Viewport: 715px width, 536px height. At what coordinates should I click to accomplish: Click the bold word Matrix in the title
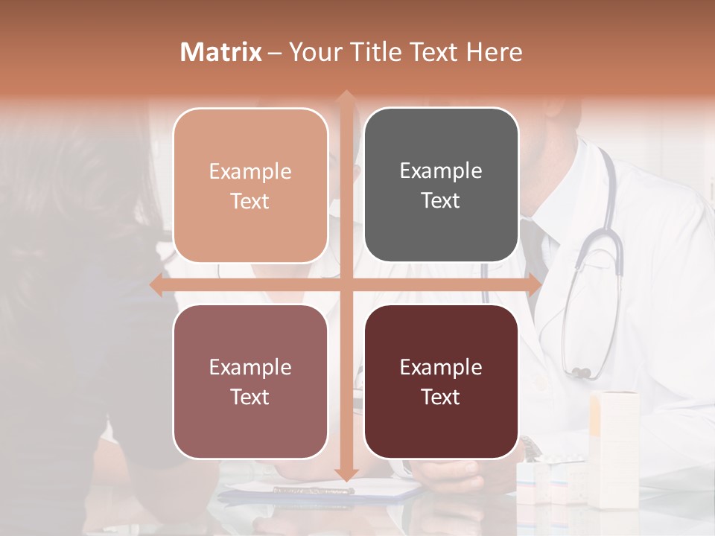tap(221, 52)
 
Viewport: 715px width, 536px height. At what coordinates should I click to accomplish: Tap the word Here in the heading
tap(495, 52)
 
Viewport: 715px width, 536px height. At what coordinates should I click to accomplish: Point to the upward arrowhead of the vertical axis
tap(346, 97)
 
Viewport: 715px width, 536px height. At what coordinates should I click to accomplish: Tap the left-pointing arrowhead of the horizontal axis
tap(156, 285)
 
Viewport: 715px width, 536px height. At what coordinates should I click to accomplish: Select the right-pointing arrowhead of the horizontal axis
tap(534, 285)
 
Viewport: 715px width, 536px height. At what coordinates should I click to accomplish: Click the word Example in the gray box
tap(441, 171)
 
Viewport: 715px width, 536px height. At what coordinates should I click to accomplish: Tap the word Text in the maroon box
tap(441, 398)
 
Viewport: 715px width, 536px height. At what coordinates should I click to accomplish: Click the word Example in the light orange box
tap(250, 172)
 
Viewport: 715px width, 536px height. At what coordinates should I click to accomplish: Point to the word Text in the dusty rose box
tap(250, 398)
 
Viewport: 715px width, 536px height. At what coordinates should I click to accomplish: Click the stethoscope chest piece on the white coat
tap(581, 371)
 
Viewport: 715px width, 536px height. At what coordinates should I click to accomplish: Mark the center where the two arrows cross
tap(346, 285)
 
